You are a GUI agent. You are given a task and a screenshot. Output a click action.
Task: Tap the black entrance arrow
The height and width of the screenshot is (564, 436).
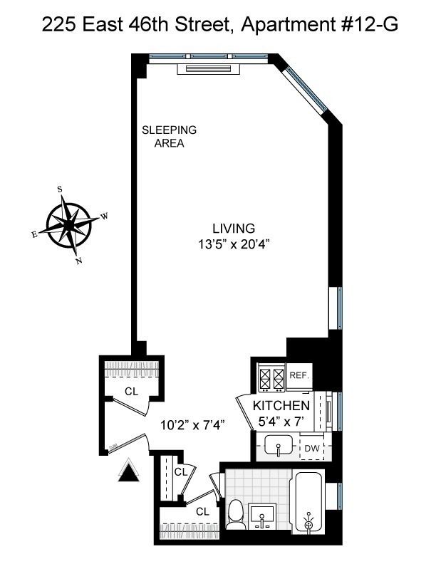click(128, 471)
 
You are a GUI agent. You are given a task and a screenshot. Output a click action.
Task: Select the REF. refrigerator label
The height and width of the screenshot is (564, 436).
click(297, 375)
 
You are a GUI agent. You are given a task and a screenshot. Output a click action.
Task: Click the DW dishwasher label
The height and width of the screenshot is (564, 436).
click(312, 448)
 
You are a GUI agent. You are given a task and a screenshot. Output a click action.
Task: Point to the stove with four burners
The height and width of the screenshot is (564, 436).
click(271, 377)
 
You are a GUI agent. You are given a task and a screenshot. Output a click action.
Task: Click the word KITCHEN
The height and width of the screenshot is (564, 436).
click(281, 406)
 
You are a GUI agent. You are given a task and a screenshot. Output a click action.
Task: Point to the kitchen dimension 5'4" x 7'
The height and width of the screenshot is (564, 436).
click(281, 421)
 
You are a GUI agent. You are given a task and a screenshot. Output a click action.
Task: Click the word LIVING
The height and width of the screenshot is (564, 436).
click(234, 229)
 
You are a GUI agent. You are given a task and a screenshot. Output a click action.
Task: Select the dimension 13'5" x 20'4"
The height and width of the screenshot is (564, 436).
click(234, 244)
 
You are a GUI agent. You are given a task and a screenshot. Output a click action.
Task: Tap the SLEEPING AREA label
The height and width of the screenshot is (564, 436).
click(169, 137)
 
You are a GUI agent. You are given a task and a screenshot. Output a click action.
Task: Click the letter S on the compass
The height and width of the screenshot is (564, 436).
click(60, 189)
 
